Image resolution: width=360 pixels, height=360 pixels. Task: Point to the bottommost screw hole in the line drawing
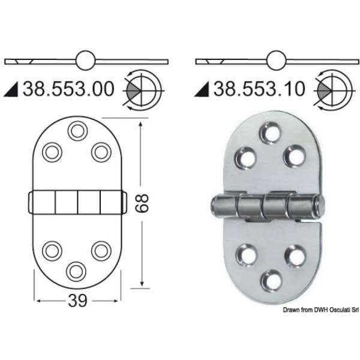76,270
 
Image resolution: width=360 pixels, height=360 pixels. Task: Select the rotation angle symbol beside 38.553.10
331,90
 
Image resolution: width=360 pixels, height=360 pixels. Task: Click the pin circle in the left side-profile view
85,61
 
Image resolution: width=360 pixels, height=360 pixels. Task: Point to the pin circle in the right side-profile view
277,61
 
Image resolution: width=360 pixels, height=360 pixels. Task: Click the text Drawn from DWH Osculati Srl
320,310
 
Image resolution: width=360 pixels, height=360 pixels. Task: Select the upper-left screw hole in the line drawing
52,151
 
